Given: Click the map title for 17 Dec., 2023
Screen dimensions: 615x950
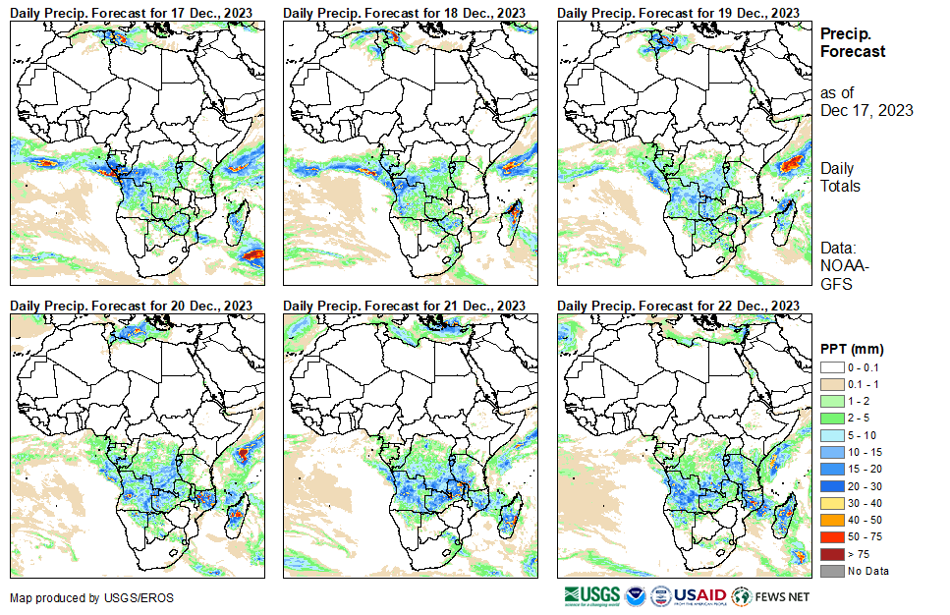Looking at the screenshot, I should pos(131,11).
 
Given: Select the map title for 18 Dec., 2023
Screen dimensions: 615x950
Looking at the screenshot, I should pos(404,11).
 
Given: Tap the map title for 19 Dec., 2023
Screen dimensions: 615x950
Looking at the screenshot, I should pos(677,11).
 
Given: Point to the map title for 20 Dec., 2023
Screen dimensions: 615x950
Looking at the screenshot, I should pos(131,306).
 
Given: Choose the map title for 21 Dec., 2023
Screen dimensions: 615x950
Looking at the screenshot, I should pos(404,306).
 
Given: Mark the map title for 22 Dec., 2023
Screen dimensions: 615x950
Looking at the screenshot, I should pos(677,306).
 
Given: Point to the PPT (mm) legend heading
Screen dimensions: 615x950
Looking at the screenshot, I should pos(852,349).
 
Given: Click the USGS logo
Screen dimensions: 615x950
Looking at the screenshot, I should pos(592,596).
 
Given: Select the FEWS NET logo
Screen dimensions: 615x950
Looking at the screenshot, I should pos(771,596).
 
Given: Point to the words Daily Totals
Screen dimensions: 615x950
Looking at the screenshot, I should pos(841,178).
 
